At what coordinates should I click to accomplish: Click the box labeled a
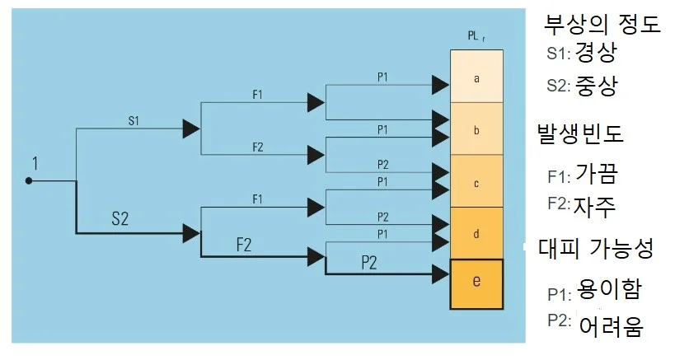pos(476,77)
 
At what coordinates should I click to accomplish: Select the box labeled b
pos(476,129)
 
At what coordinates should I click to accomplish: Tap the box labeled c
pos(476,182)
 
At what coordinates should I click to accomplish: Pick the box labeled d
pos(476,233)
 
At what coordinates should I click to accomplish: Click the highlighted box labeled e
pos(476,283)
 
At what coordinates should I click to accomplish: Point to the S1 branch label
pos(134,120)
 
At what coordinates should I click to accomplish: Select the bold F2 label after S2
pos(244,245)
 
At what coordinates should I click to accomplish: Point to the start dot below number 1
pos(28,180)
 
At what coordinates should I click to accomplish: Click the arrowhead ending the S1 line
pos(191,129)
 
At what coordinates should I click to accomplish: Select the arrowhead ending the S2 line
pos(191,233)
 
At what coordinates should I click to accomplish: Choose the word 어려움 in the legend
pos(611,325)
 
